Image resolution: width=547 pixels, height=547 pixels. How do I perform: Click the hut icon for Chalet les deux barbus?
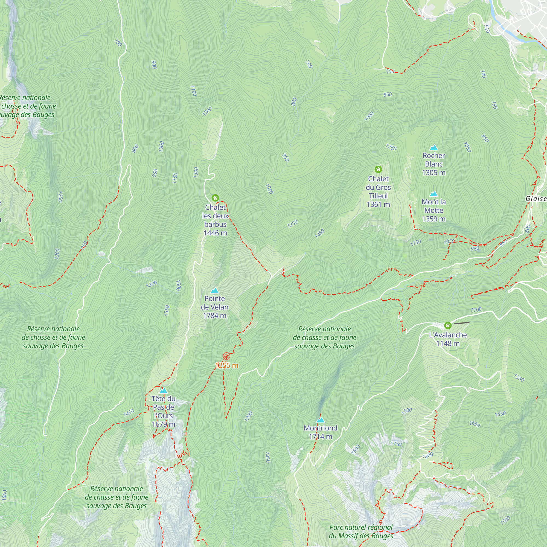pyautogui.click(x=215, y=198)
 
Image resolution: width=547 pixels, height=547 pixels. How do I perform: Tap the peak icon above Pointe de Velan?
pyautogui.click(x=215, y=290)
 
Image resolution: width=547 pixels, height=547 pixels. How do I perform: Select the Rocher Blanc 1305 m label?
pyautogui.click(x=433, y=164)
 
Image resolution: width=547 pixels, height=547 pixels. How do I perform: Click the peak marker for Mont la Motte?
pyautogui.click(x=433, y=194)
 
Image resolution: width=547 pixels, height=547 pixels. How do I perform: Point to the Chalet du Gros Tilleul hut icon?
pyautogui.click(x=378, y=169)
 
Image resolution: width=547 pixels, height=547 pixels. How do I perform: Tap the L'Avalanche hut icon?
pyautogui.click(x=448, y=325)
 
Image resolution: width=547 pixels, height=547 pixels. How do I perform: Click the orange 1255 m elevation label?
pyautogui.click(x=226, y=365)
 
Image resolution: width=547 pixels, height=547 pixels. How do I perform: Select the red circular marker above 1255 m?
pyautogui.click(x=226, y=356)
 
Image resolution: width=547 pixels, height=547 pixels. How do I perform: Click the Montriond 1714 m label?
pyautogui.click(x=321, y=432)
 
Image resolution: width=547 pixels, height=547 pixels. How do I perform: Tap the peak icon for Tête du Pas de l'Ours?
pyautogui.click(x=163, y=391)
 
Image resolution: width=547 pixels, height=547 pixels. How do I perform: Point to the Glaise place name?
pyautogui.click(x=536, y=199)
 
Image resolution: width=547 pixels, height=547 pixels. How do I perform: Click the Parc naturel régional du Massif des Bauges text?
pyautogui.click(x=361, y=531)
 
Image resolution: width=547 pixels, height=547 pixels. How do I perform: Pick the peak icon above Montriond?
pyautogui.click(x=320, y=420)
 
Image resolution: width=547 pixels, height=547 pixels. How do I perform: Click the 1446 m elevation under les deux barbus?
pyautogui.click(x=215, y=233)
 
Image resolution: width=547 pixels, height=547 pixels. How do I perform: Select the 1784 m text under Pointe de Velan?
pyautogui.click(x=215, y=316)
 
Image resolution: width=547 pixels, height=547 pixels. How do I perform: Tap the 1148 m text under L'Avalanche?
pyautogui.click(x=448, y=344)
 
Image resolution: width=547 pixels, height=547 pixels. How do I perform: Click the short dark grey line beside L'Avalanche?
pyautogui.click(x=461, y=323)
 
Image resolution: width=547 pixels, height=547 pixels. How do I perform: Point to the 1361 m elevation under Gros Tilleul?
pyautogui.click(x=378, y=204)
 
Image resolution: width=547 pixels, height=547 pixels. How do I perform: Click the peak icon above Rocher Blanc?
pyautogui.click(x=433, y=147)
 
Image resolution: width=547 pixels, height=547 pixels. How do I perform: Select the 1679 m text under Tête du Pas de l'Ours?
pyautogui.click(x=163, y=424)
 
